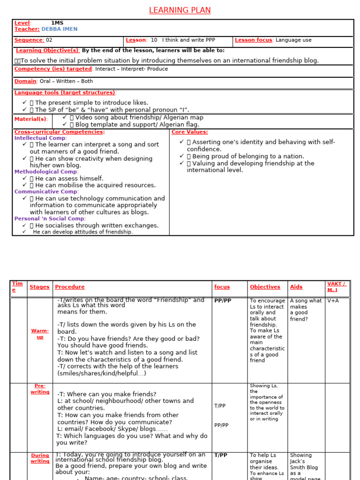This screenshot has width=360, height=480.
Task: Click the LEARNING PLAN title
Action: point(180,10)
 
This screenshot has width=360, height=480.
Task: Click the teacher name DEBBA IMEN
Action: point(60,29)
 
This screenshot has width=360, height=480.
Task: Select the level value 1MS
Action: point(57,23)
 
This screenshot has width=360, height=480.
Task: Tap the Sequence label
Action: point(29,40)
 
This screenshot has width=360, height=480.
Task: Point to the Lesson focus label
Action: point(254,40)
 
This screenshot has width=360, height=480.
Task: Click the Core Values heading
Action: point(190,132)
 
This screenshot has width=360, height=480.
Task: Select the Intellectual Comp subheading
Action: point(40,138)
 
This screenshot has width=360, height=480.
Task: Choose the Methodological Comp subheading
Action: point(45,172)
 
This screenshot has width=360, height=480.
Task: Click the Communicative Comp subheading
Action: point(46,192)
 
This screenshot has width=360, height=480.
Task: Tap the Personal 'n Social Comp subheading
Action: point(50,219)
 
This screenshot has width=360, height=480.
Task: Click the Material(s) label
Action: point(30,119)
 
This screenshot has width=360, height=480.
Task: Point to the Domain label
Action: point(25,81)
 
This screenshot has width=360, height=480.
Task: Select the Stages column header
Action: point(39,287)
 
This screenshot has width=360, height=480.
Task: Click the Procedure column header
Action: point(70,287)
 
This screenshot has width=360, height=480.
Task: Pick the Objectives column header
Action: point(265,287)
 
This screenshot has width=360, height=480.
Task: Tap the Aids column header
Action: point(296,287)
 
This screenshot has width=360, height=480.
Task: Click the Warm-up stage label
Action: point(40,334)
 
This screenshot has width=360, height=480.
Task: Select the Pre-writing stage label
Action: point(40,389)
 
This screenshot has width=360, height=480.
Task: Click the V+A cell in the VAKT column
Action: point(333,301)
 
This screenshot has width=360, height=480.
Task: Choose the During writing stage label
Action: point(40,458)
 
